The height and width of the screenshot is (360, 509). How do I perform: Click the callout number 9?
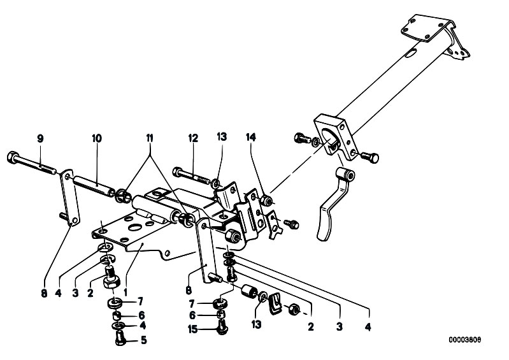pyautogui.click(x=40, y=139)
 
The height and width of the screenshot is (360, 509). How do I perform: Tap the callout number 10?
pyautogui.click(x=97, y=139)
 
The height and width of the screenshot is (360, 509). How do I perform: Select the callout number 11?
pyautogui.click(x=149, y=138)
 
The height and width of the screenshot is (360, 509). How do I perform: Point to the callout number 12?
pyautogui.click(x=193, y=138)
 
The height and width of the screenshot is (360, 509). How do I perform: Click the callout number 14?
pyautogui.click(x=250, y=137)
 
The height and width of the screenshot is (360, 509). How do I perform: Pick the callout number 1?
pyautogui.click(x=125, y=293)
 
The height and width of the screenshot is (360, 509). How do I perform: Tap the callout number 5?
pyautogui.click(x=143, y=340)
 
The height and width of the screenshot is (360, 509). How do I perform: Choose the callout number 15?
pyautogui.click(x=192, y=329)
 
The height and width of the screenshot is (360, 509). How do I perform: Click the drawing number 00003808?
pyautogui.click(x=465, y=340)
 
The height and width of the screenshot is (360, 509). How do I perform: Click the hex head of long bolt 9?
pyautogui.click(x=12, y=157)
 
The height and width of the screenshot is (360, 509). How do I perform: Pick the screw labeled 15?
pyautogui.click(x=222, y=328)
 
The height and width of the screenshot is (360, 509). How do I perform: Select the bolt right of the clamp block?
pyautogui.click(x=370, y=157)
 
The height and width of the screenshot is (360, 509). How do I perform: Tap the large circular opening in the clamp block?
pyautogui.click(x=331, y=139)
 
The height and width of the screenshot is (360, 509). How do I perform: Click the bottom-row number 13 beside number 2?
pyautogui.click(x=256, y=324)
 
